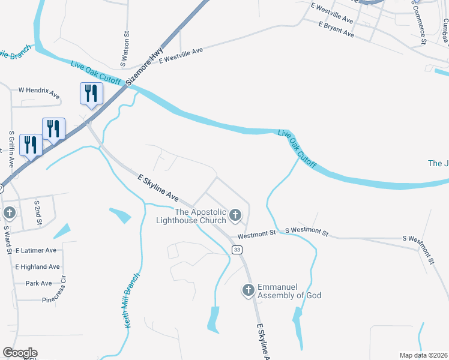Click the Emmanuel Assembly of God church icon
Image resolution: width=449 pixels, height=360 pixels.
248,291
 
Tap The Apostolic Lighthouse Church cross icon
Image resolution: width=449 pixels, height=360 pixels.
235,215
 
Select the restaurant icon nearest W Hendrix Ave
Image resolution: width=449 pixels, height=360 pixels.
91,94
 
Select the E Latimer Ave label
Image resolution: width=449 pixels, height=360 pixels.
36,250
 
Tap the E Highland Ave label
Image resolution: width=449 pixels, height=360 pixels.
38,266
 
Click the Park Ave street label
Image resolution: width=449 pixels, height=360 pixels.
38,283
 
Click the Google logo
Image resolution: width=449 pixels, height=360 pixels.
20,352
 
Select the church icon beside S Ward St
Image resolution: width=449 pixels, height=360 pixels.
10,213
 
